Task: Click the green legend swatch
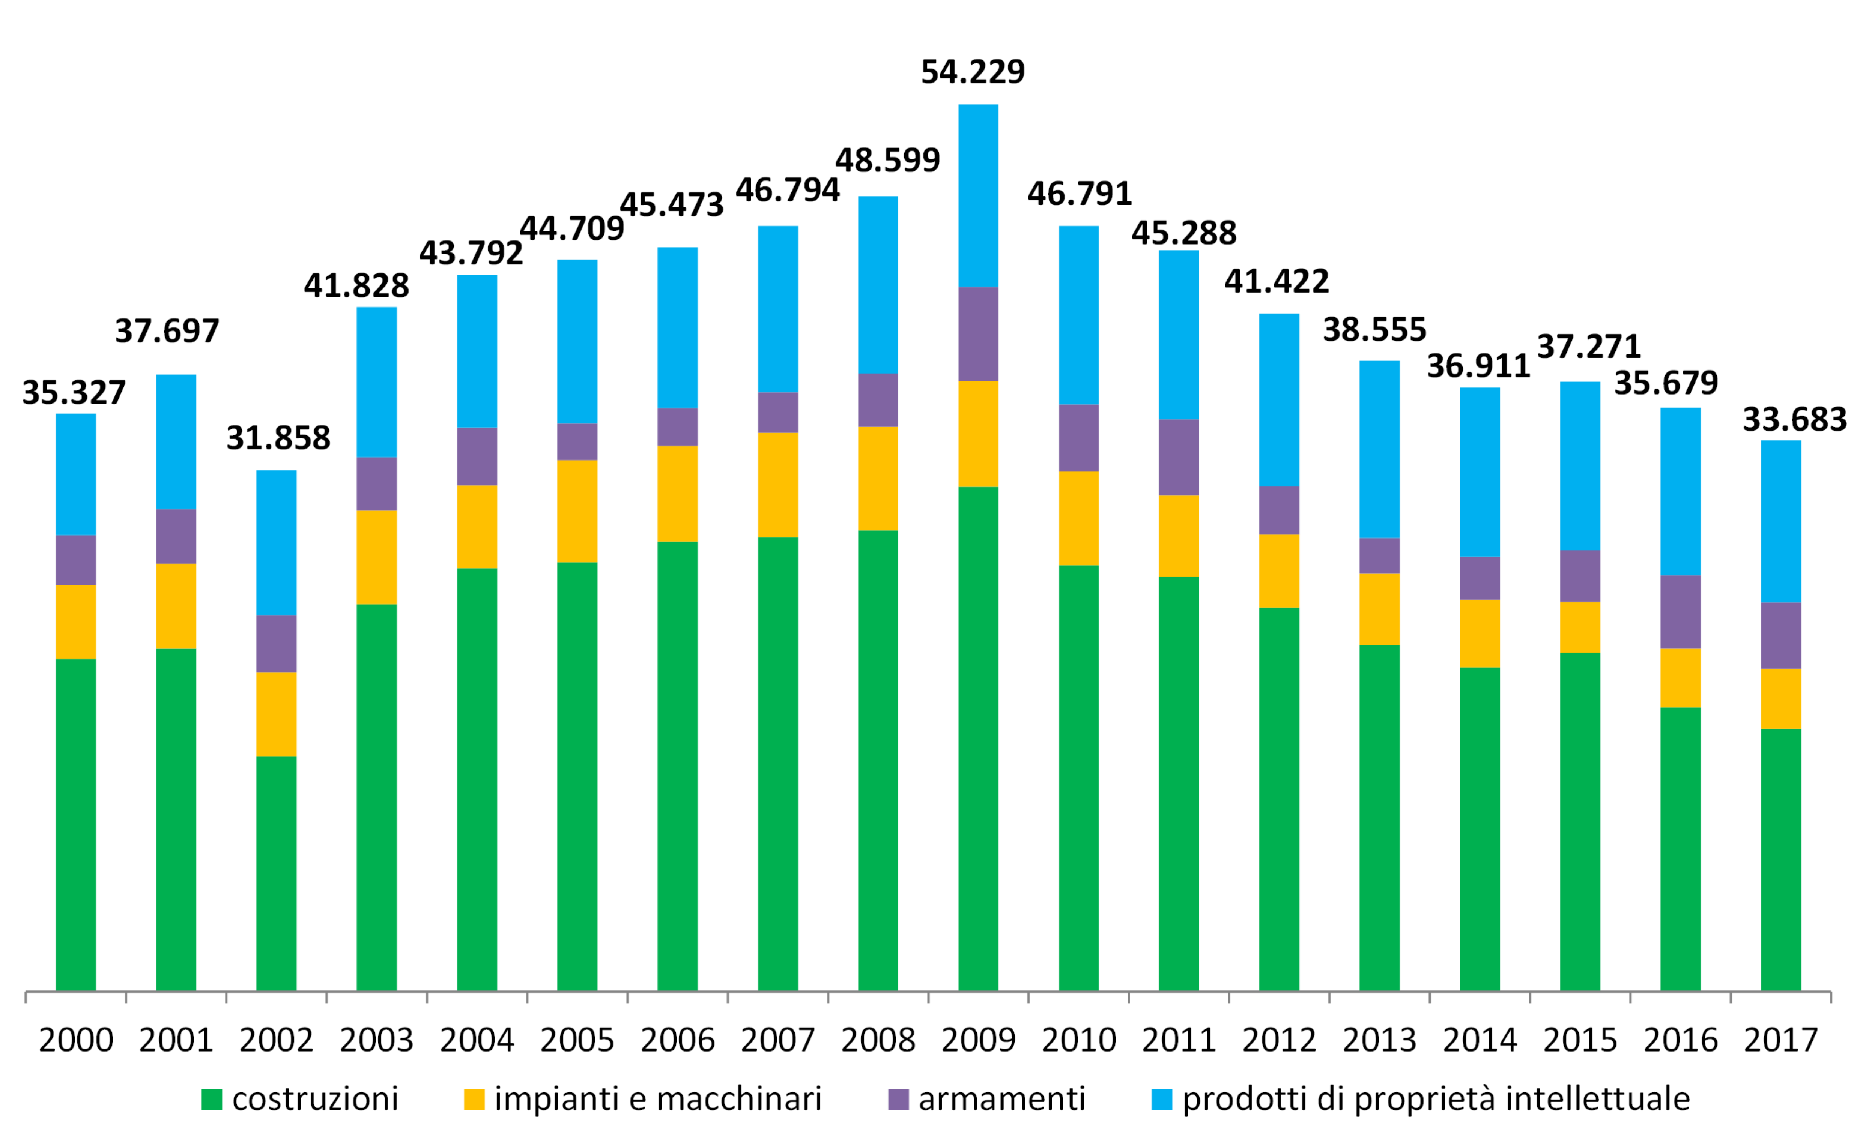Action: (x=212, y=1100)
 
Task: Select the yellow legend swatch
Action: (x=474, y=1100)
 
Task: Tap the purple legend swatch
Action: (x=898, y=1100)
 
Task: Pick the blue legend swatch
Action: (x=1162, y=1100)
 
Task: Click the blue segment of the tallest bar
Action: (x=978, y=195)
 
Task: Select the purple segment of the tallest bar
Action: (x=978, y=334)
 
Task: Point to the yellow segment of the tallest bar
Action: (x=978, y=434)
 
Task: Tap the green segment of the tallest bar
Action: (x=978, y=738)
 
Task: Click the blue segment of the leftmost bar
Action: (x=76, y=474)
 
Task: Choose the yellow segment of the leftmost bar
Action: (x=76, y=622)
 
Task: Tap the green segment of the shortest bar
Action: (x=277, y=873)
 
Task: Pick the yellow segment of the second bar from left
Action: (x=176, y=606)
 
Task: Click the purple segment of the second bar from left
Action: (x=176, y=536)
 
